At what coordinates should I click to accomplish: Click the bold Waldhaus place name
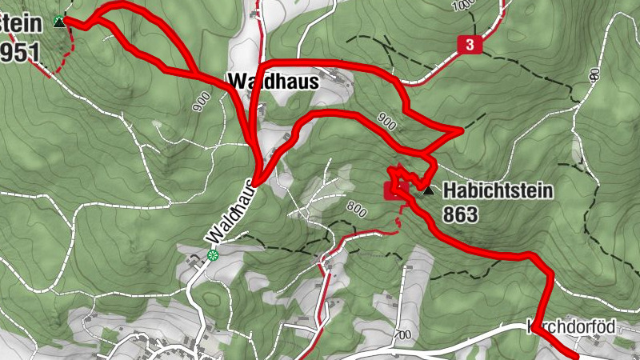(x=273, y=81)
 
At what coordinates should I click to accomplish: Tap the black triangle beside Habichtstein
(x=428, y=191)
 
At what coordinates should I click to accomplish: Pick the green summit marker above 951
(x=58, y=22)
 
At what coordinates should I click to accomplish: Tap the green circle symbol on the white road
(x=213, y=255)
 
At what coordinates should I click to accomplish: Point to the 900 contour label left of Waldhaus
(x=200, y=101)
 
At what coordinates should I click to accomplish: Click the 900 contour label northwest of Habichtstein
(x=386, y=121)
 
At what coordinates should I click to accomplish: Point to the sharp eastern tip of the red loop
(x=462, y=129)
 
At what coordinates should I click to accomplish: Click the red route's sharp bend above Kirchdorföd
(x=550, y=274)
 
